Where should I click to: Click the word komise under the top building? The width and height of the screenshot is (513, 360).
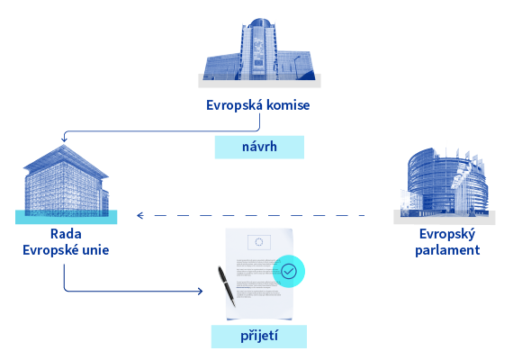pos(288,105)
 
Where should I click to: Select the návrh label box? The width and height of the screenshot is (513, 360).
pos(259,148)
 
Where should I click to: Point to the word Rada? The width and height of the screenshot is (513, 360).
pos(66,234)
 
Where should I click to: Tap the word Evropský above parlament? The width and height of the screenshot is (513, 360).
pos(447,234)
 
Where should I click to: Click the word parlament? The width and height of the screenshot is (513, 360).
pos(447,250)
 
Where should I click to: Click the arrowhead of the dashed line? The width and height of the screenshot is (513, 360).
pos(140,215)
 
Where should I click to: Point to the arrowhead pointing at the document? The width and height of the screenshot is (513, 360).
pos(200,291)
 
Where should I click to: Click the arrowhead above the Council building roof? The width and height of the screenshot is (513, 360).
pos(64,139)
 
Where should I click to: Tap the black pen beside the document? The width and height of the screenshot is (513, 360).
pos(227,286)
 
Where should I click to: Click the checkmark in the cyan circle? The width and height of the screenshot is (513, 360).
pos(289,271)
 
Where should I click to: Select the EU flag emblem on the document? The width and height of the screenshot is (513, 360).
pos(259,242)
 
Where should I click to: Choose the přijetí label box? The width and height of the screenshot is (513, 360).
pos(259,337)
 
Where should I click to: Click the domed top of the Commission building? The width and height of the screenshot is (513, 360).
pos(260,22)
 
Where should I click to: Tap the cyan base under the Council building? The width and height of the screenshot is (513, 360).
pos(66,217)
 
